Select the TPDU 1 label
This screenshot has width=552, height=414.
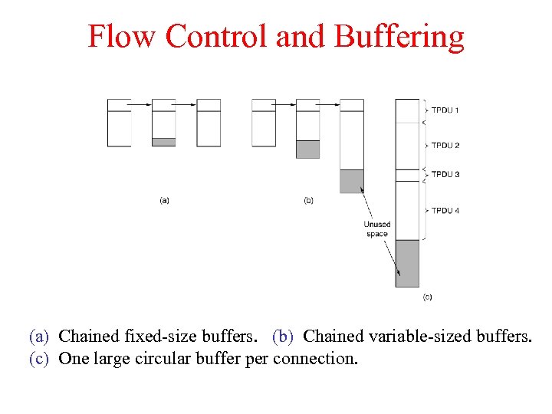tap(445, 110)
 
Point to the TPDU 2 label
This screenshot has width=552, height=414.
tap(445, 145)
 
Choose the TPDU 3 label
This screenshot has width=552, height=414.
tap(445, 174)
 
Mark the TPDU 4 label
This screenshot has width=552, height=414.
tap(445, 211)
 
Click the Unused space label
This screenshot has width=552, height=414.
tap(376, 229)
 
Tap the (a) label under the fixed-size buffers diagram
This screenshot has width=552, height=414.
tap(164, 201)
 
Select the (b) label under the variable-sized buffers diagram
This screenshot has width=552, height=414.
tap(308, 201)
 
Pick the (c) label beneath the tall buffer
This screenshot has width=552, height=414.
tap(427, 297)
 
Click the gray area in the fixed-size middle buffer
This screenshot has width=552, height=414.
tap(164, 142)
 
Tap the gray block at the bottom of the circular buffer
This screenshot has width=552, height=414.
tap(407, 263)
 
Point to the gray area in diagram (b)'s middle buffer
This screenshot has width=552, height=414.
tap(307, 149)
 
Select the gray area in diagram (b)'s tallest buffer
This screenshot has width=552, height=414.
tap(352, 181)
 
